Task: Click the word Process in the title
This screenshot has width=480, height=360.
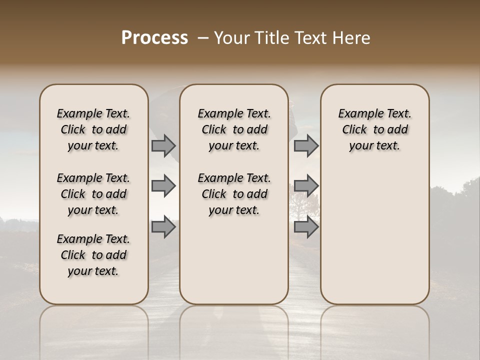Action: tap(154, 38)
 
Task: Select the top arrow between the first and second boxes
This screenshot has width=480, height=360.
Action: tap(163, 145)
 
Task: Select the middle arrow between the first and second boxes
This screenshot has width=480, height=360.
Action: tap(163, 186)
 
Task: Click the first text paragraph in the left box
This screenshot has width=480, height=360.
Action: tap(93, 129)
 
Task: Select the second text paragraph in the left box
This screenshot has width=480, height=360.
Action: tap(93, 194)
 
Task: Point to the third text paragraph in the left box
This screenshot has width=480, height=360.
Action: tap(93, 255)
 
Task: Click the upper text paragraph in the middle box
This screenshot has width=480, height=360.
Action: tap(234, 129)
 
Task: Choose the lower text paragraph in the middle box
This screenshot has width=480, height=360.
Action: tap(234, 194)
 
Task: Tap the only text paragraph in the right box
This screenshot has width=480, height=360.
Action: tap(374, 129)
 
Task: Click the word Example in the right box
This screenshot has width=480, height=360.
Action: tap(358, 114)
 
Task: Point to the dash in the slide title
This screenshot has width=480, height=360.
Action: tap(203, 38)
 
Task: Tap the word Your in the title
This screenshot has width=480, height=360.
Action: tap(231, 38)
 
